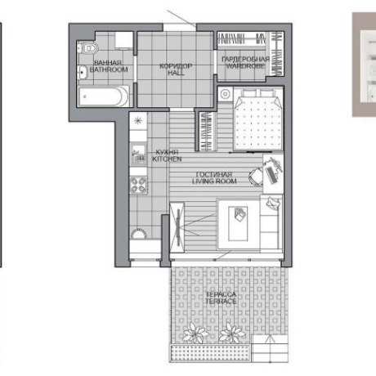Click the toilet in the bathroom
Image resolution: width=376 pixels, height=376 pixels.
(88, 48)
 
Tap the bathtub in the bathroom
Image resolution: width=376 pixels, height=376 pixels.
(104, 96)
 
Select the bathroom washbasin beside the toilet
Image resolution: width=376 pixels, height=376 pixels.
(83, 73)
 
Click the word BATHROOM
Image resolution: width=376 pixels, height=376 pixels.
(109, 69)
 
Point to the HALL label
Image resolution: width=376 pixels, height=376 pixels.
(176, 73)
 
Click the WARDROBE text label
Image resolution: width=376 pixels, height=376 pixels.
(245, 66)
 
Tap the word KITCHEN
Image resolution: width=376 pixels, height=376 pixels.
(167, 159)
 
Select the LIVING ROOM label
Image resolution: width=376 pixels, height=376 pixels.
(214, 181)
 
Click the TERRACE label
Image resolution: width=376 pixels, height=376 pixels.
(221, 302)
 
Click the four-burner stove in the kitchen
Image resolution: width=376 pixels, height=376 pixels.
(139, 186)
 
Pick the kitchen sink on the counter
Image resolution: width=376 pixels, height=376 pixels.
(139, 154)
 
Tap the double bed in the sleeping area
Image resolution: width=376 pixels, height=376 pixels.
(257, 119)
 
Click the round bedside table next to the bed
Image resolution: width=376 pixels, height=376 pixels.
(225, 94)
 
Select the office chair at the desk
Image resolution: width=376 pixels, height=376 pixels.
(256, 177)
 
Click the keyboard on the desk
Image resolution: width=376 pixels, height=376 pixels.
(271, 175)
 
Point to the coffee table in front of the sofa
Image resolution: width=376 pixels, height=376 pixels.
(238, 224)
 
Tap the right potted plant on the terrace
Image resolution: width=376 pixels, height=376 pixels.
(231, 333)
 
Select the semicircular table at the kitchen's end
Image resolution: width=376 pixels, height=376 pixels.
(138, 234)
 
